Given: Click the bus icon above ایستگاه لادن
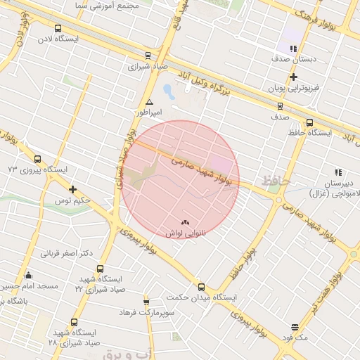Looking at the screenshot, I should [x=58, y=29].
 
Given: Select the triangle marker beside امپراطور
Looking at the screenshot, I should [x=149, y=103].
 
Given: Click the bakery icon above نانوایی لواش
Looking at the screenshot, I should [x=186, y=222].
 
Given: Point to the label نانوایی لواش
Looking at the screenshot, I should [x=185, y=233].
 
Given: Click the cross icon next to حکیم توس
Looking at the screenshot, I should [x=73, y=189].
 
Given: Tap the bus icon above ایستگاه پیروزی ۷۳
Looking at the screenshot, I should [x=37, y=159].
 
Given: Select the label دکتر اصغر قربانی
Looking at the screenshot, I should [x=67, y=253].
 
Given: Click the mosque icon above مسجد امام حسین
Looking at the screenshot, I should [x=28, y=275].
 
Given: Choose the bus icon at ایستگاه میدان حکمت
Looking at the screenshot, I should [x=202, y=286].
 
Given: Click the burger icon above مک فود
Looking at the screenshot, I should [x=294, y=327].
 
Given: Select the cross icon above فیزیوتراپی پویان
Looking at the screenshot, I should [x=293, y=77].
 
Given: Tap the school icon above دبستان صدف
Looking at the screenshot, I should [x=293, y=49].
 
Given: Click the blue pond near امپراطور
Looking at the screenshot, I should [x=167, y=91].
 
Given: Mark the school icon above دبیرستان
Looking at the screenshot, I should [x=338, y=172].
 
